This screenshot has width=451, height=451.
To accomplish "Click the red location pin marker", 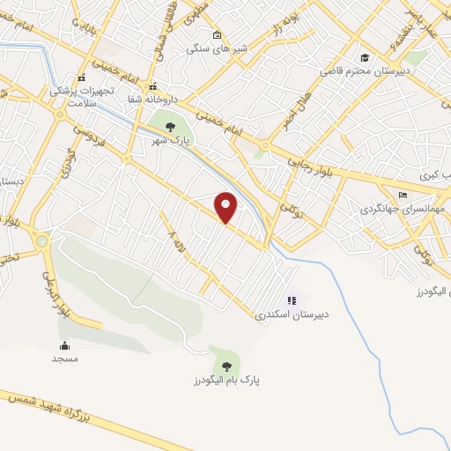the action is click(x=226, y=208).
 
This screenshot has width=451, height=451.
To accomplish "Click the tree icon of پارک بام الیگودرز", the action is click(x=226, y=364).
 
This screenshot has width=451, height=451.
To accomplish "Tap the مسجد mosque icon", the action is click(x=65, y=344).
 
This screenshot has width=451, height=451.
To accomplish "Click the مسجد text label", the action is click(x=65, y=359).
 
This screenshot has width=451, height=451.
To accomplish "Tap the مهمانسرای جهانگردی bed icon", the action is click(x=403, y=196).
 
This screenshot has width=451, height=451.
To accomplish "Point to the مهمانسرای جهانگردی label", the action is click(x=403, y=210).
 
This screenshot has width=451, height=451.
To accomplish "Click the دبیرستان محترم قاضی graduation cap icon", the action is click(x=363, y=57).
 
